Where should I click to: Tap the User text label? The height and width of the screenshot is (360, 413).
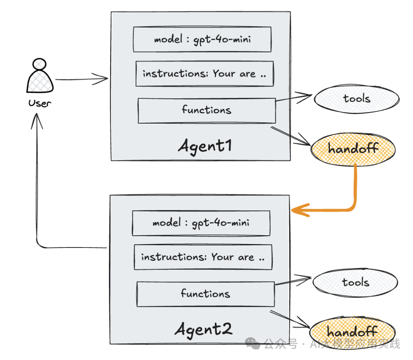[39, 103]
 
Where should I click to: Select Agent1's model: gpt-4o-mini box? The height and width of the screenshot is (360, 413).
[202, 39]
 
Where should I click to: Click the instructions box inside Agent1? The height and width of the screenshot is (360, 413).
[204, 73]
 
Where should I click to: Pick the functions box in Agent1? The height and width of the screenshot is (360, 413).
[206, 111]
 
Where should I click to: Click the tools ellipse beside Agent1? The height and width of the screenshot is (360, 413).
[356, 99]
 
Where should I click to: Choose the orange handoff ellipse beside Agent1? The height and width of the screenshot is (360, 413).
[353, 149]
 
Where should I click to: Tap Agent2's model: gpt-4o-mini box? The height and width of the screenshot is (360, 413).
[201, 223]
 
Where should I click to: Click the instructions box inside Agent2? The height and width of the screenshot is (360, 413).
[203, 257]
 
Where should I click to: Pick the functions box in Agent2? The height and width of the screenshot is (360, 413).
[205, 294]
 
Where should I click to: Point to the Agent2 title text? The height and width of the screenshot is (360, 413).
[203, 329]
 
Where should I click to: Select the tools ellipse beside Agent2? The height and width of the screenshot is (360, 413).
[355, 283]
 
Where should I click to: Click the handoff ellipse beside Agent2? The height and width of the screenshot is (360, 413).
[352, 332]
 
